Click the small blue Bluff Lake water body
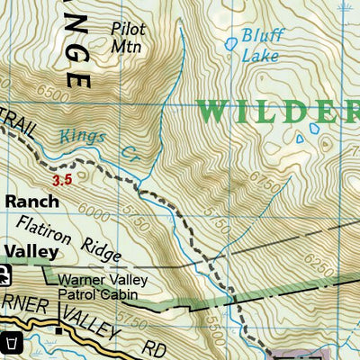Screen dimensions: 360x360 (231, 42)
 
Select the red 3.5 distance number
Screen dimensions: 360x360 (62, 180)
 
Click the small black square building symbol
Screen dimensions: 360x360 (59, 330)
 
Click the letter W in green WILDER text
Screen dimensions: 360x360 (213, 111)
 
